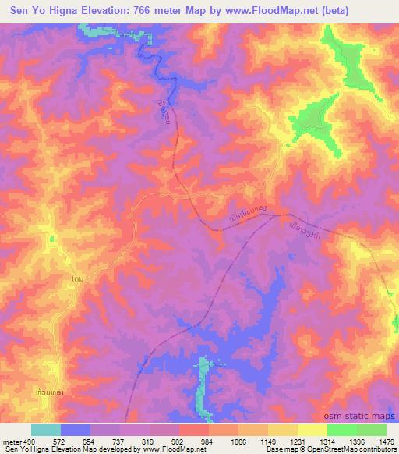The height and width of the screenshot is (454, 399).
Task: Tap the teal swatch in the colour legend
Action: (46, 430)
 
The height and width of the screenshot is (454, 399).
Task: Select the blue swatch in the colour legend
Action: (76, 430)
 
